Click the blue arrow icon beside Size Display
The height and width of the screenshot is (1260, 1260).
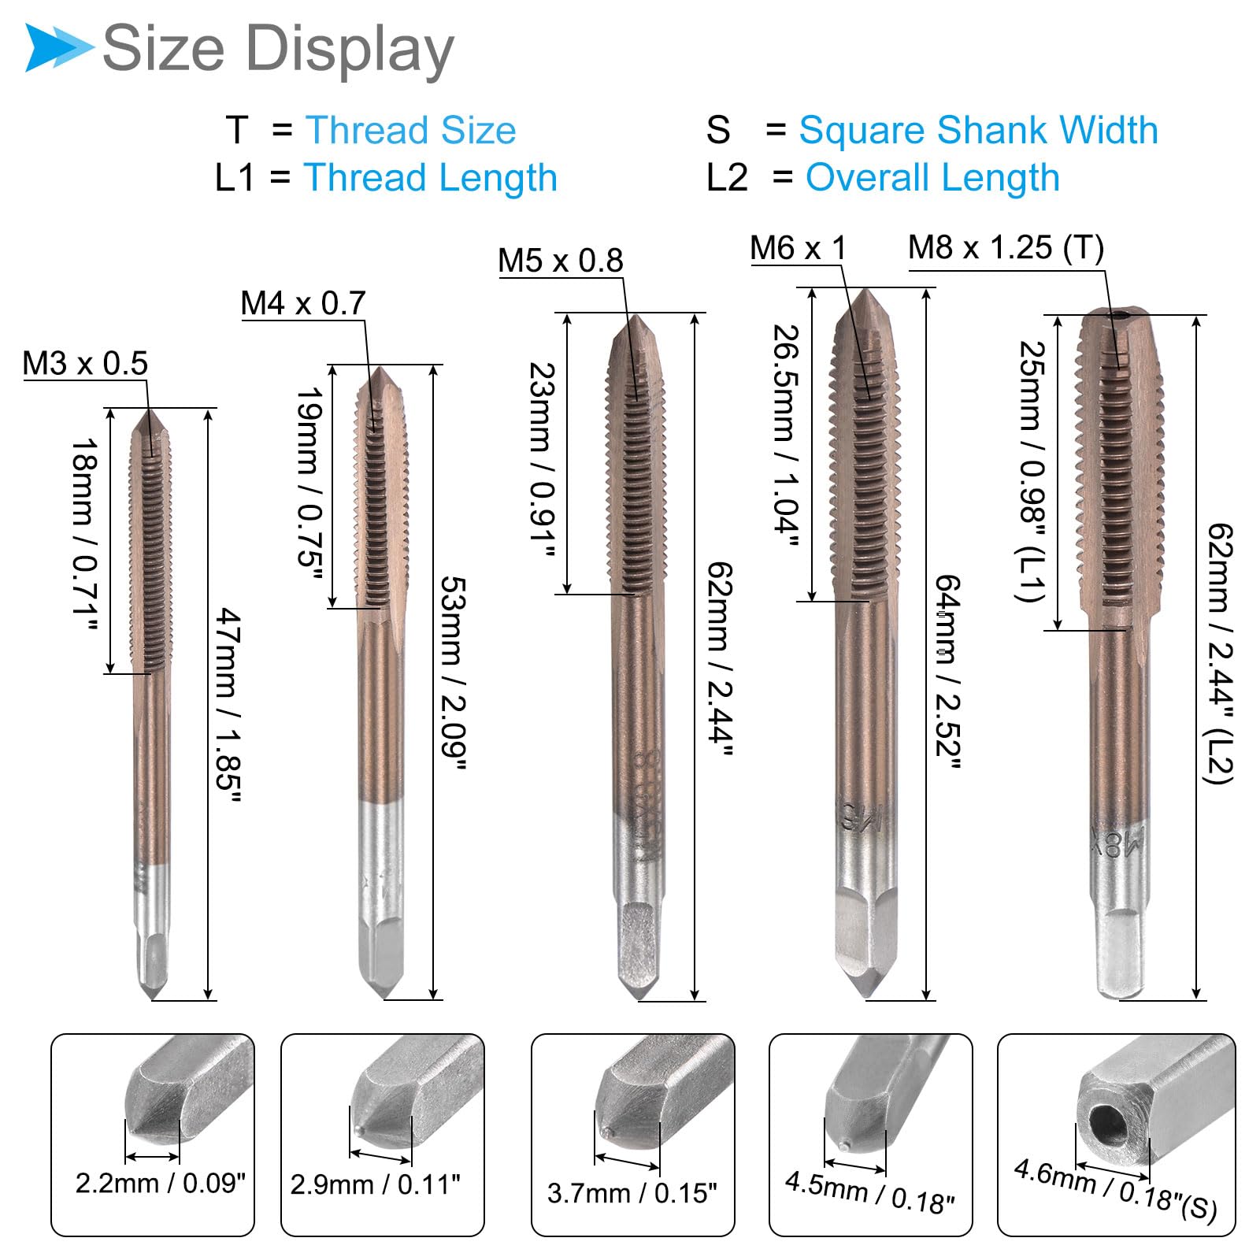59,48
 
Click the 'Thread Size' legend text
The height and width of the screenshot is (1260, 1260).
411,130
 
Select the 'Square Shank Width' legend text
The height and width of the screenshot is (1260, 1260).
979,130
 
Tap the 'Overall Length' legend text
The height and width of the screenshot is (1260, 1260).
932,178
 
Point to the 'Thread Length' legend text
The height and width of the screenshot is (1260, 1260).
431,178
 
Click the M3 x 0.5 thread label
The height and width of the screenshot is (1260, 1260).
85,364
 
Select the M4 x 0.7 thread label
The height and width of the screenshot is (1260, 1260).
303,303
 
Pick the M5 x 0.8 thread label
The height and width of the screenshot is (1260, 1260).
561,261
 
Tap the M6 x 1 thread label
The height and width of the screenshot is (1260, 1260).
798,248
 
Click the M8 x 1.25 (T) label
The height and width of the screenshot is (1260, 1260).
1006,248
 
